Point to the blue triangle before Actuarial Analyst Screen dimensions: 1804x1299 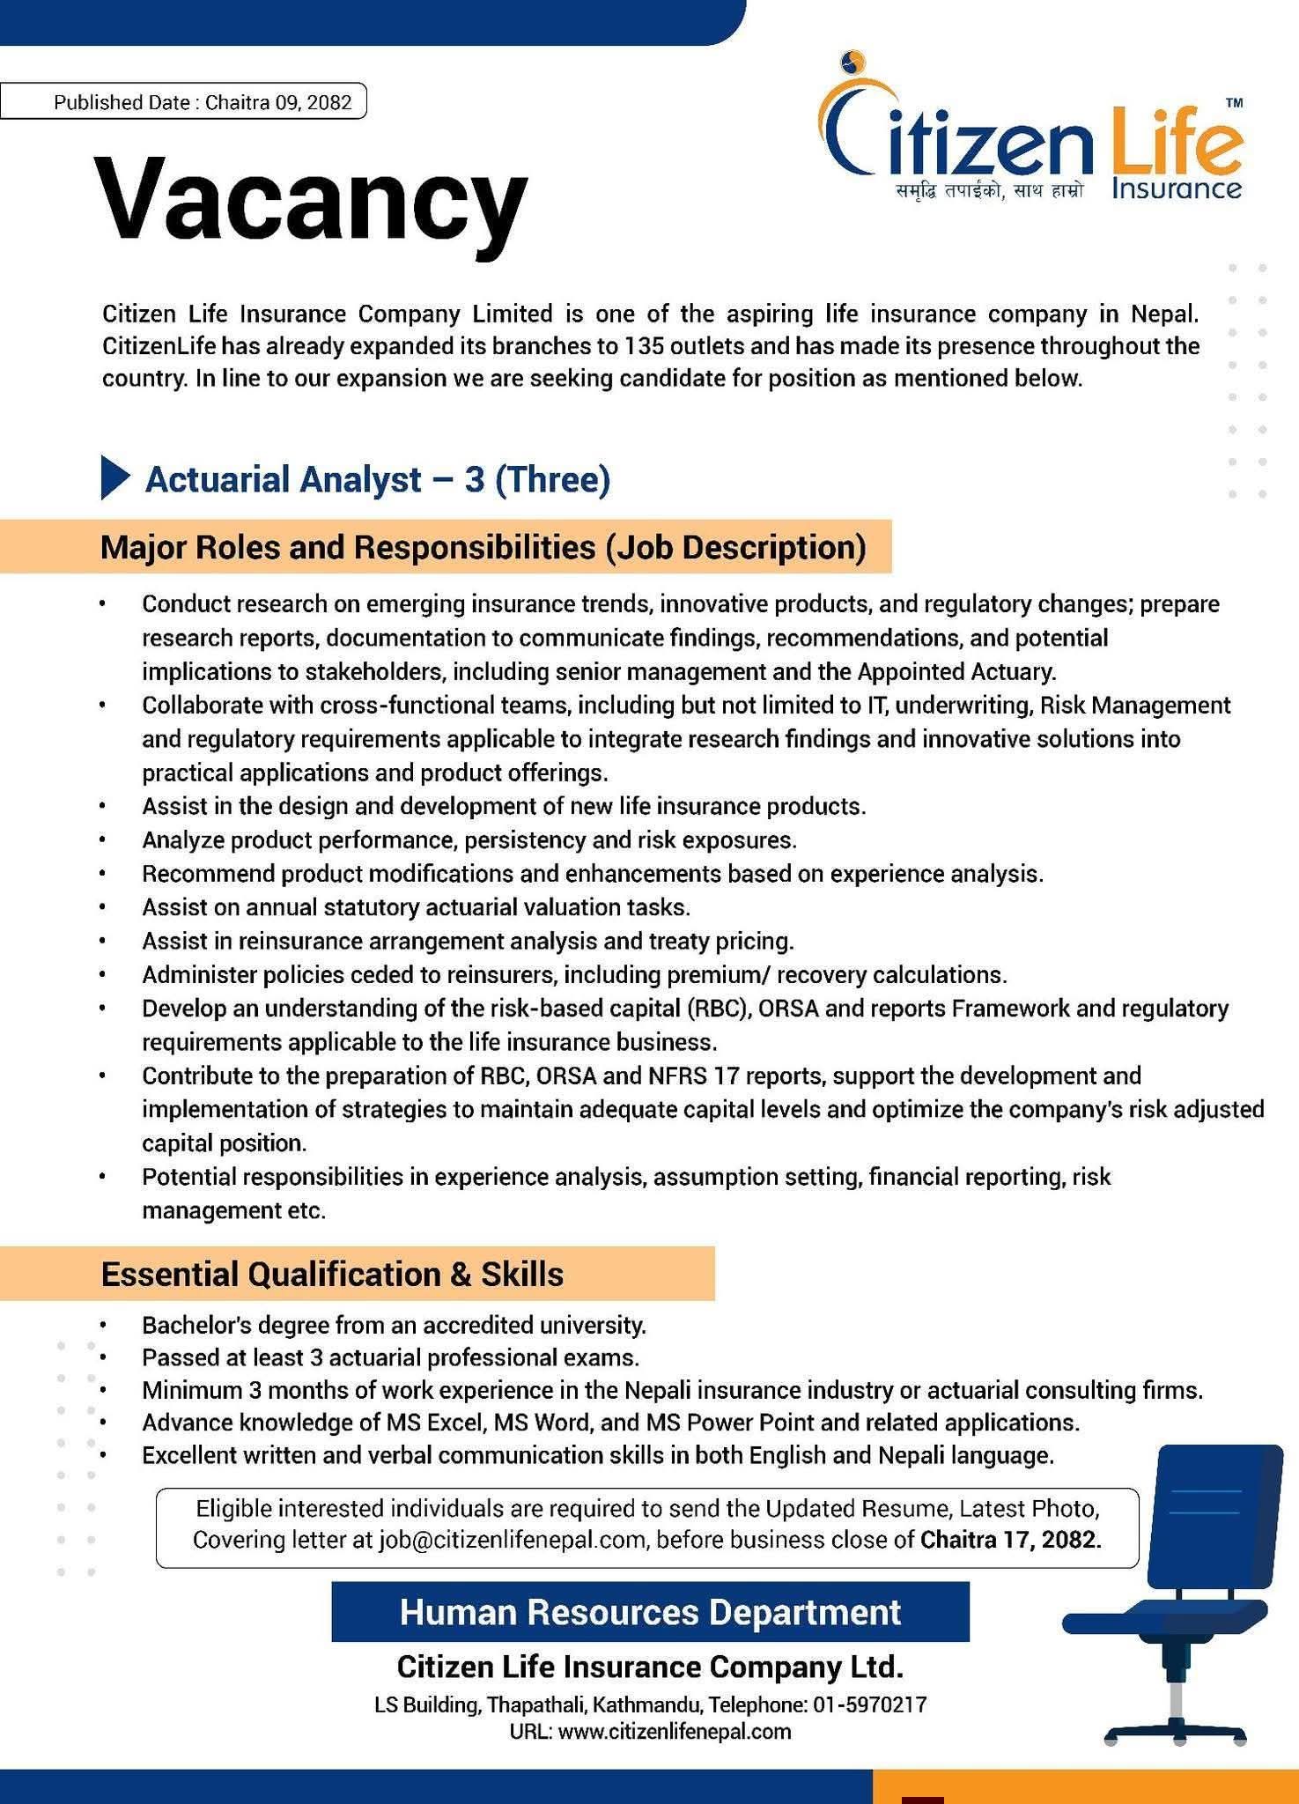[114, 478]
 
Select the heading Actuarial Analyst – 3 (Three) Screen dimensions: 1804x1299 [378, 480]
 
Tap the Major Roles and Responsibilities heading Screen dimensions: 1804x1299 [483, 547]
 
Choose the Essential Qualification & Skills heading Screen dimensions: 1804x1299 [332, 1274]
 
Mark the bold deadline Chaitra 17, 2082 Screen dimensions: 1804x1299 [1011, 1540]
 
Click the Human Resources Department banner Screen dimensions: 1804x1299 [650, 1612]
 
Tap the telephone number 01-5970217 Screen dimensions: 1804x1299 [869, 1704]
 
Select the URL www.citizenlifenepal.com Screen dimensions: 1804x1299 [675, 1732]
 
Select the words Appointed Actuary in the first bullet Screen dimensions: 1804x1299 [955, 672]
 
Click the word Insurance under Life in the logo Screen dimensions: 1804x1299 [1177, 189]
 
